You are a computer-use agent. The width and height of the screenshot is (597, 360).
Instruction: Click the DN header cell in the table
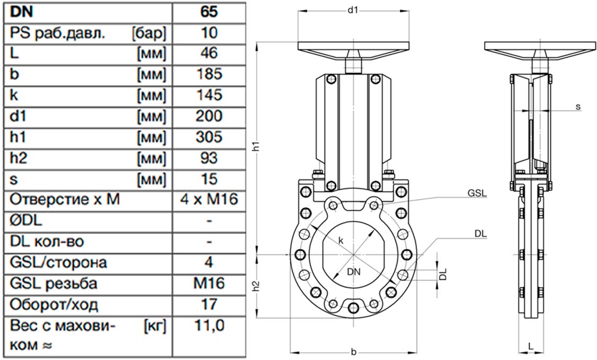pyautogui.click(x=21, y=12)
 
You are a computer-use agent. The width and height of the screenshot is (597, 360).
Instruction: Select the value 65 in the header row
pyautogui.click(x=209, y=12)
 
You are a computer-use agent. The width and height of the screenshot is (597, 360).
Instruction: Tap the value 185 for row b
pyautogui.click(x=209, y=74)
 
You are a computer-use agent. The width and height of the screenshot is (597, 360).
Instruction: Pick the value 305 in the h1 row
pyautogui.click(x=209, y=137)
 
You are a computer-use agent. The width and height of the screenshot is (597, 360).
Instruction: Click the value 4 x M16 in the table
pyautogui.click(x=209, y=199)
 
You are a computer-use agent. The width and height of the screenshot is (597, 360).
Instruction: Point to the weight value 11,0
pyautogui.click(x=209, y=325)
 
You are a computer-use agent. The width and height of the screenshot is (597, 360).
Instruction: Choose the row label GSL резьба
pyautogui.click(x=53, y=284)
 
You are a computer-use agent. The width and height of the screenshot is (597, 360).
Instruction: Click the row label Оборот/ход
pyautogui.click(x=54, y=304)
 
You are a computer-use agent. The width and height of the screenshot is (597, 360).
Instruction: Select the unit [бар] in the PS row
pyautogui.click(x=149, y=33)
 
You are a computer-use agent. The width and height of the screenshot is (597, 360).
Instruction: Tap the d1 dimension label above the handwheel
pyautogui.click(x=352, y=10)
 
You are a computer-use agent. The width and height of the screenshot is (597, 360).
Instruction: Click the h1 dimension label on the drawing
pyautogui.click(x=257, y=146)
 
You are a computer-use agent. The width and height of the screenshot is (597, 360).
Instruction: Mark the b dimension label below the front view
pyautogui.click(x=353, y=352)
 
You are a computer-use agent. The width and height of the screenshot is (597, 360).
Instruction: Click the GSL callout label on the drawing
pyautogui.click(x=478, y=193)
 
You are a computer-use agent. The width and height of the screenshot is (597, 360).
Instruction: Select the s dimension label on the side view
pyautogui.click(x=578, y=107)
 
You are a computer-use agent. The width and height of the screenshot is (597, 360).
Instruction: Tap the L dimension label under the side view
pyautogui.click(x=531, y=346)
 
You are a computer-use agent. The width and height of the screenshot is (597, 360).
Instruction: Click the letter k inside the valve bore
pyautogui.click(x=341, y=241)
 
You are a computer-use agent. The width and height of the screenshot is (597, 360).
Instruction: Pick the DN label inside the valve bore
pyautogui.click(x=354, y=272)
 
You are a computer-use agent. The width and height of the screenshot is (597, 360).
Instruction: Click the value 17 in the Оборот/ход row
pyautogui.click(x=209, y=304)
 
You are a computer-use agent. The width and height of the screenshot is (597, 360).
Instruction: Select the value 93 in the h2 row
pyautogui.click(x=209, y=158)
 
